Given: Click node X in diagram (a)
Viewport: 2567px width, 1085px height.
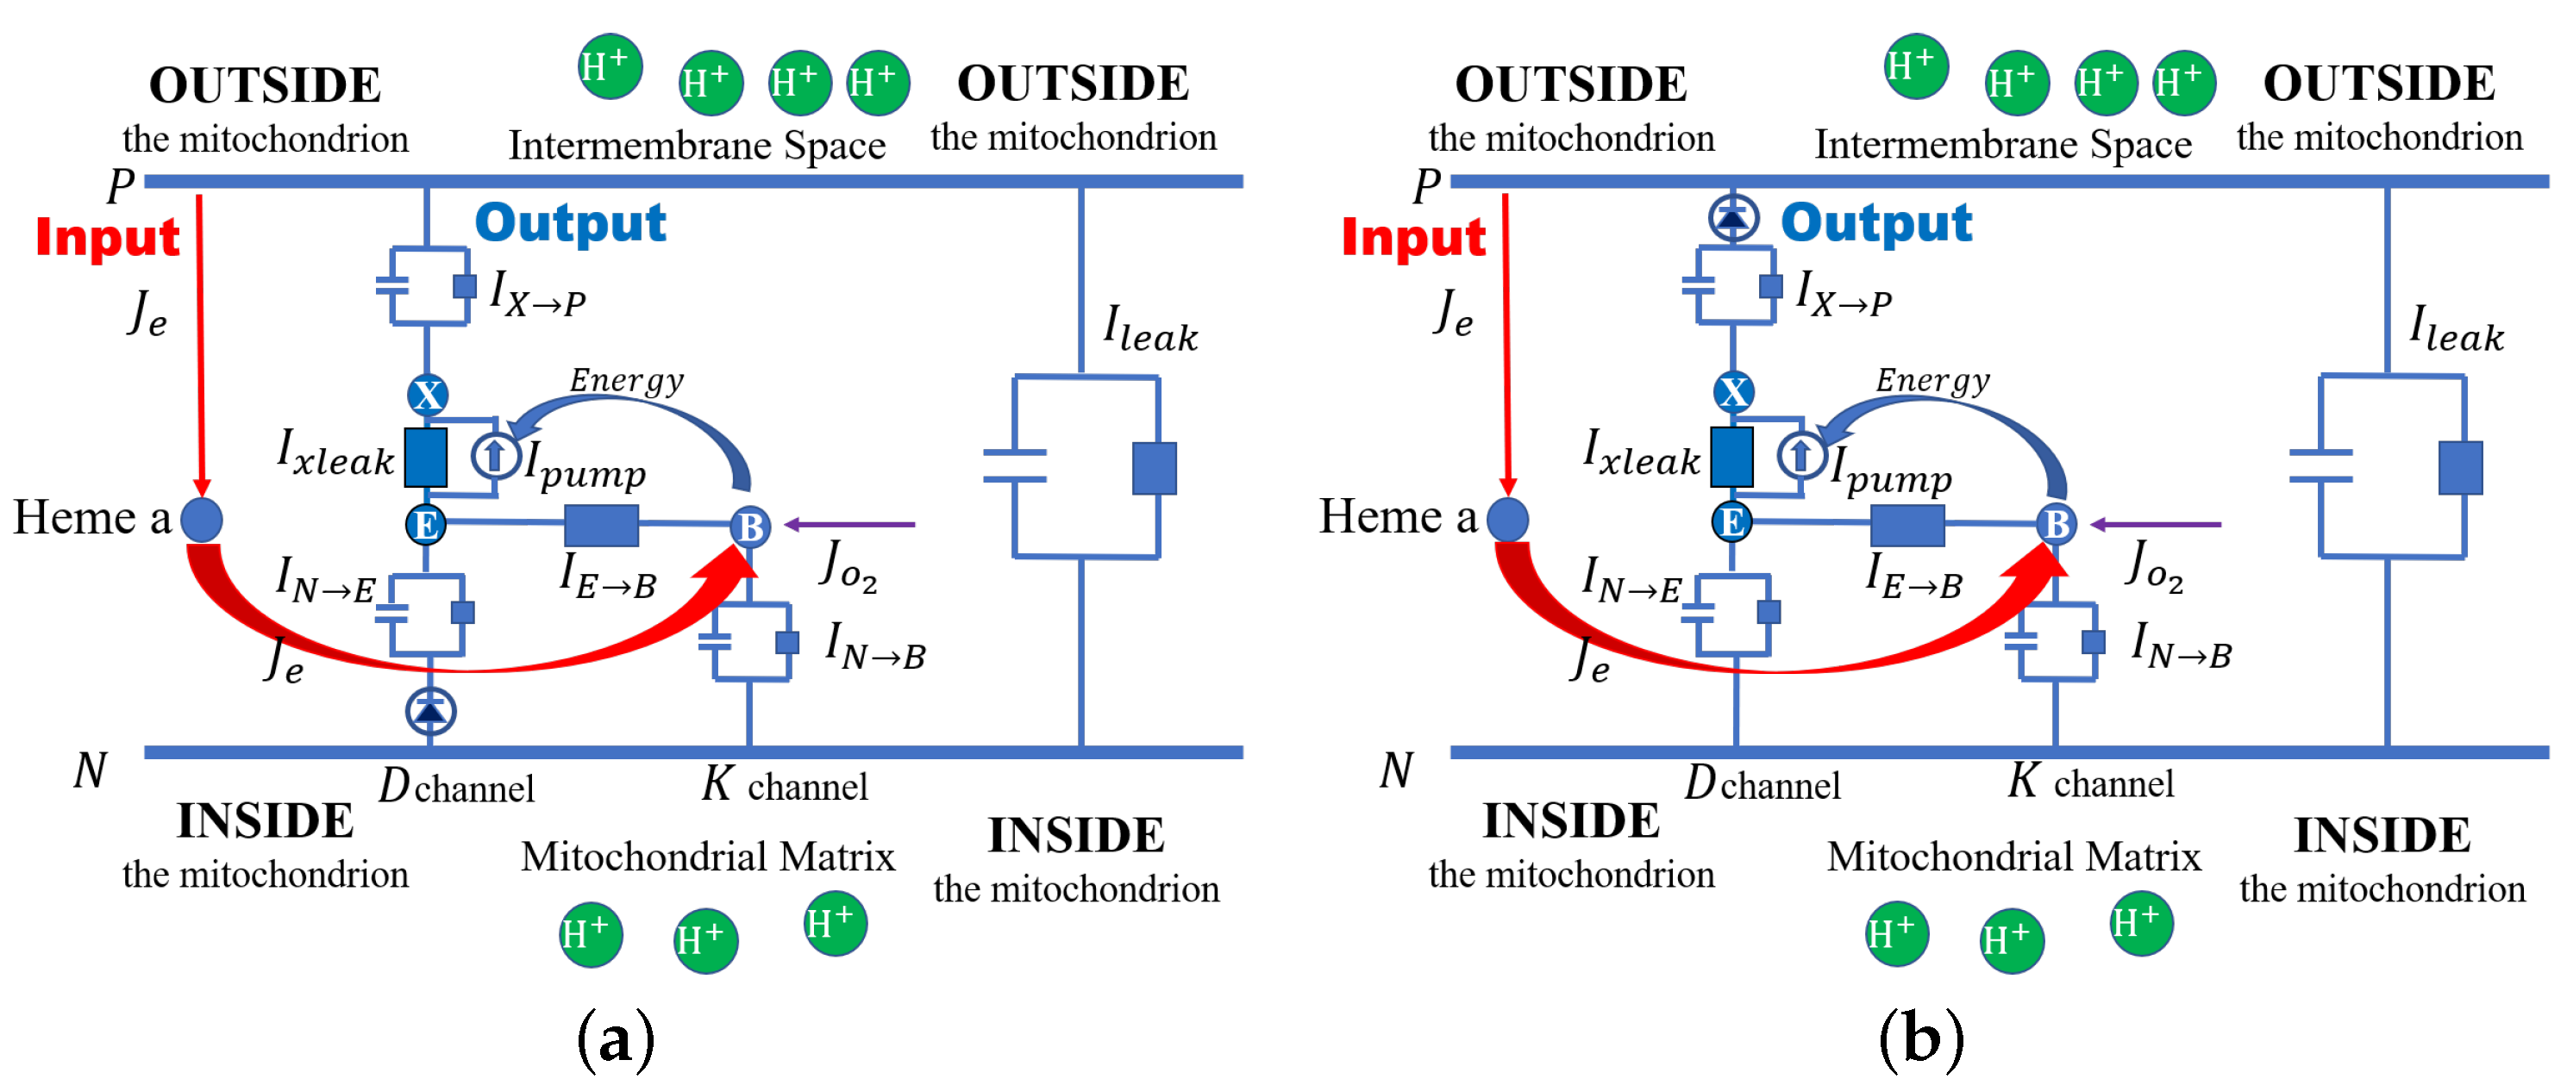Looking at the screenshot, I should pos(428,395).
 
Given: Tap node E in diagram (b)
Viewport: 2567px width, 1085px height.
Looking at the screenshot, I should pos(1732,521).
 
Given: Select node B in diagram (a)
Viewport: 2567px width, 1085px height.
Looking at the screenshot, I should pos(750,526).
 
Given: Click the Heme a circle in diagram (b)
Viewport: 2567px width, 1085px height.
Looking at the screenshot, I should pos(1508,519).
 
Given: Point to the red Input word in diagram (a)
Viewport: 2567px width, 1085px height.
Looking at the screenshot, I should pos(108,237).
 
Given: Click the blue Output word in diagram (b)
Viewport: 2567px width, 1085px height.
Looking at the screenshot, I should pos(1875,222).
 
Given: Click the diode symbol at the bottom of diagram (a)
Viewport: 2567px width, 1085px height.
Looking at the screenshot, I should pos(430,709).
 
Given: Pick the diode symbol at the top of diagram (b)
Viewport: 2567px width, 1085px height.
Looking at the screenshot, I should pos(1733,217).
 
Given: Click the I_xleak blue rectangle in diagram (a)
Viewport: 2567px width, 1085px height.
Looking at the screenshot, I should pos(425,458).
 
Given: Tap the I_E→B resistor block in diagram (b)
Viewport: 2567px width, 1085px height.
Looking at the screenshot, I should pos(1907,524).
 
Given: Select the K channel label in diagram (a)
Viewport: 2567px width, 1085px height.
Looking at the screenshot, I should pos(785,785).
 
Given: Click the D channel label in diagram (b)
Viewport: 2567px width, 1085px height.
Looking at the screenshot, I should pos(1761,784).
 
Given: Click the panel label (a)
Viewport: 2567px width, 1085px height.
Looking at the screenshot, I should pos(616,1038).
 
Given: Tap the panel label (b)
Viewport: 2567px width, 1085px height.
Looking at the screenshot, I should pos(1920,1038).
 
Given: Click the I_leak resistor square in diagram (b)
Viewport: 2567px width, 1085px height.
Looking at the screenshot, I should pos(2460,467).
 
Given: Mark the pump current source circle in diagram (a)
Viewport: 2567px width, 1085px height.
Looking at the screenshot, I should pos(494,455).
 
